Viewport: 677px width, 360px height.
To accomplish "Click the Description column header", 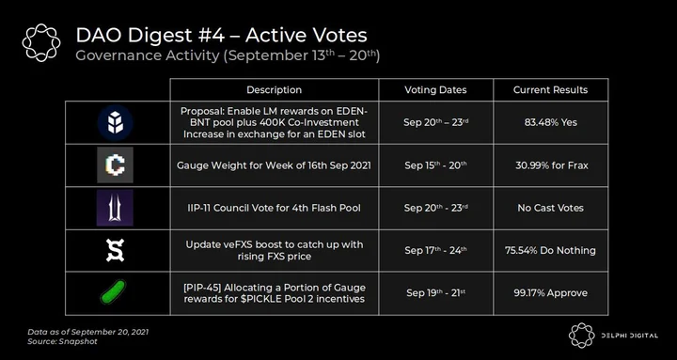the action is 275,90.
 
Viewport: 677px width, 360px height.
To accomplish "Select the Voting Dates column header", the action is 435,90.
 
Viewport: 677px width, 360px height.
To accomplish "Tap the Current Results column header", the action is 550,90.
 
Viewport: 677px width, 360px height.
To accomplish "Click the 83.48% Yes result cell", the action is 550,122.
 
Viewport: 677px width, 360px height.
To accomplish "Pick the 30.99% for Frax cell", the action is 551,164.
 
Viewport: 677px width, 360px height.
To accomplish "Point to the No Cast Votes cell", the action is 550,208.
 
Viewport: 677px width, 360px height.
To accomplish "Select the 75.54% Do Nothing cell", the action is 550,250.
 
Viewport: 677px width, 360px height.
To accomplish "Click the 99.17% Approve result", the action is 550,293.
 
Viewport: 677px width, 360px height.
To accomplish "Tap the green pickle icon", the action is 114,291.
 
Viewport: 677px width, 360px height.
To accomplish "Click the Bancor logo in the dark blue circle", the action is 115,122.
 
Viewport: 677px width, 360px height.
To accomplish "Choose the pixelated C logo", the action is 115,164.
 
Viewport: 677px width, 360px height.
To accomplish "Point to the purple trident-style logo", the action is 115,208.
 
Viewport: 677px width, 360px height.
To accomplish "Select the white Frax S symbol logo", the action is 115,250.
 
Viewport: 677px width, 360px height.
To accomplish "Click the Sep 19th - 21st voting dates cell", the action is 435,293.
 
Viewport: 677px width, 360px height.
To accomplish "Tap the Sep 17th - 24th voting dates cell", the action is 435,250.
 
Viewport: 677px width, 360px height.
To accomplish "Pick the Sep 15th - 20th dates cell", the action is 435,164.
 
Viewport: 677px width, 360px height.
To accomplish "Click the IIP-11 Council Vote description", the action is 275,208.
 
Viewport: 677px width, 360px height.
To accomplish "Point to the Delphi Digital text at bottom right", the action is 628,336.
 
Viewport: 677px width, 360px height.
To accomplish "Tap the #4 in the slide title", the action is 212,36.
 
